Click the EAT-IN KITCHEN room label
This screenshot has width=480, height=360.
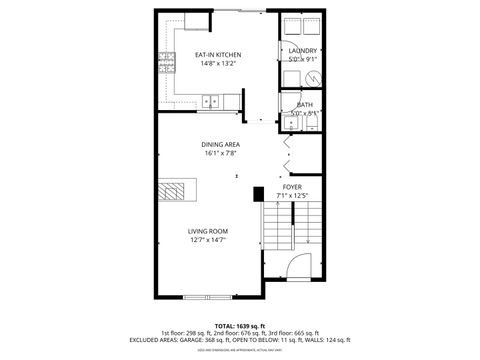coord(217,54)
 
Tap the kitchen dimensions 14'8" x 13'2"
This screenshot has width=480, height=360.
coord(217,63)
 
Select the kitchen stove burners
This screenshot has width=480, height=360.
coord(167,62)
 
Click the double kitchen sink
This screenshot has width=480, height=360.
coord(211,99)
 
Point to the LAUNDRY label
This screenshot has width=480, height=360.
coord(303,51)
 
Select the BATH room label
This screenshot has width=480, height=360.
coord(304,105)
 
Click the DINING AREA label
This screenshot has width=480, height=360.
coord(220,145)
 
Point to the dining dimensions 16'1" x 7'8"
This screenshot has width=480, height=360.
coord(220,154)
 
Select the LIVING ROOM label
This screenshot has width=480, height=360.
coord(209,231)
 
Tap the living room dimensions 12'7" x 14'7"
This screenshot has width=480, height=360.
coord(209,240)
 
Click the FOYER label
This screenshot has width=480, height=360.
coord(292,186)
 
